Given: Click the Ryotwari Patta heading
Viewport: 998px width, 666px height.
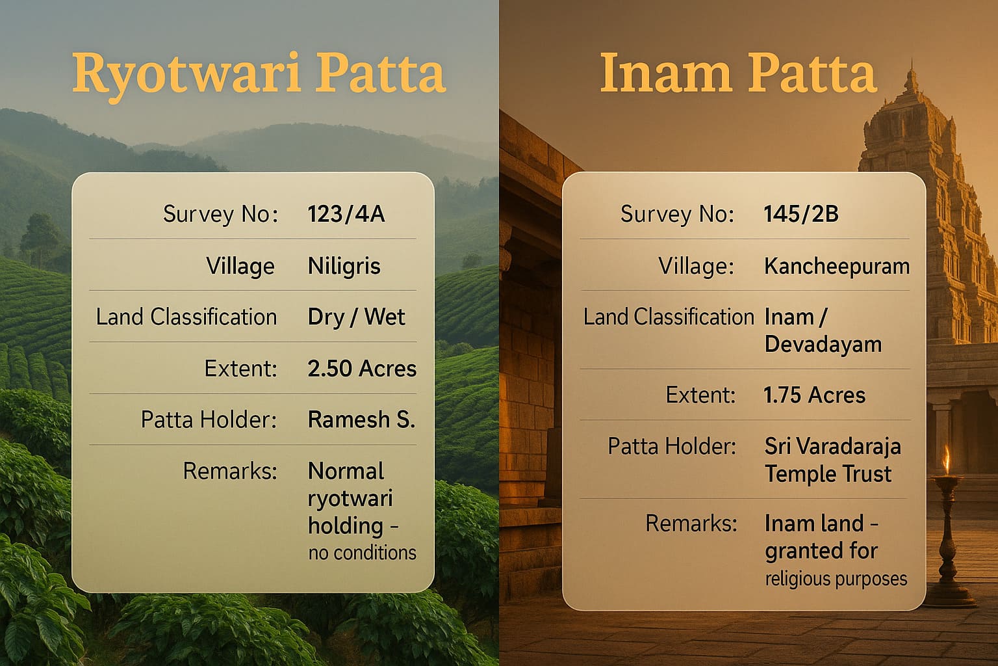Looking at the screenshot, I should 259,73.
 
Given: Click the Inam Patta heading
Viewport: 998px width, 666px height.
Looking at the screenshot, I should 738,73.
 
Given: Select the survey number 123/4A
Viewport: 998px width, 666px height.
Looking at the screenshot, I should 346,214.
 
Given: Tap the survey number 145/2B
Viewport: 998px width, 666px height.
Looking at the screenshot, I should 801,214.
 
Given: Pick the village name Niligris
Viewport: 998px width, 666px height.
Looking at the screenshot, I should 344,266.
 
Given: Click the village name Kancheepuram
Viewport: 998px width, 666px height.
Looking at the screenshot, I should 837,266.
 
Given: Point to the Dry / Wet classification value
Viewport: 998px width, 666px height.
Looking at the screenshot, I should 356,317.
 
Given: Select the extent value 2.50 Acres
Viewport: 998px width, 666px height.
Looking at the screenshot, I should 362,369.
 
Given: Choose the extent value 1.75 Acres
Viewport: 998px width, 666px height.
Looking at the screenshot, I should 815,395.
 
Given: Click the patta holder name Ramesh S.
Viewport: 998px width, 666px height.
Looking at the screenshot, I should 361,420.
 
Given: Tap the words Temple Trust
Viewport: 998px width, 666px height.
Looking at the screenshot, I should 828,473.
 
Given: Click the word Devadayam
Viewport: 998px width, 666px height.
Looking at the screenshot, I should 823,343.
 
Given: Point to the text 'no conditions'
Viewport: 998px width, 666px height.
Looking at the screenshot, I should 362,553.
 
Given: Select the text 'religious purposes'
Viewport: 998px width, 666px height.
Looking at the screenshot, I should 836,579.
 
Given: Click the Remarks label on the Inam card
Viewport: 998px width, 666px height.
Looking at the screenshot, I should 691,524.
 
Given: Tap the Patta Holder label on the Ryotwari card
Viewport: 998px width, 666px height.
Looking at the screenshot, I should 209,420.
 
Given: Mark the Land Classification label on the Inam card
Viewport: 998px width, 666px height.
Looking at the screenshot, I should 669,317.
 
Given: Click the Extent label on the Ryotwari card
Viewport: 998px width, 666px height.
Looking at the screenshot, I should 240,369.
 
